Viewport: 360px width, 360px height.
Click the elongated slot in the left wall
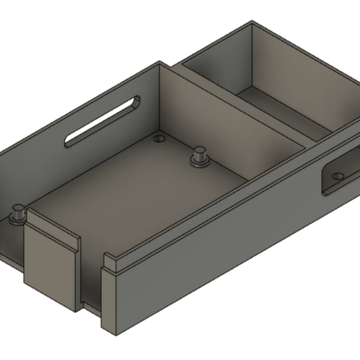[103, 121]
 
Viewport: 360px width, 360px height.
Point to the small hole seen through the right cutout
[339, 177]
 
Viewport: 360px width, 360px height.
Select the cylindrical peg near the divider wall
[200, 156]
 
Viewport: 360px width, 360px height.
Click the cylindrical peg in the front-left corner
[18, 213]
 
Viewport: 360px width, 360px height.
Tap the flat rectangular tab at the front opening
[50, 262]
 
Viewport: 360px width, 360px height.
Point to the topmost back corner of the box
[251, 23]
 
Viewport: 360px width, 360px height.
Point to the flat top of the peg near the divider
[200, 149]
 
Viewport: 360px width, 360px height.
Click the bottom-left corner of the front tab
[25, 283]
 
